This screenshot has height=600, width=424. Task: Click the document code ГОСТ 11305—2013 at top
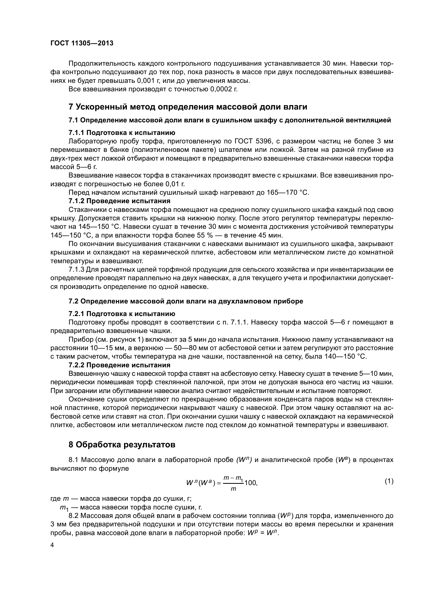click(82, 43)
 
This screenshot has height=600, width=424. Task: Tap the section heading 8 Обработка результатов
click(122, 445)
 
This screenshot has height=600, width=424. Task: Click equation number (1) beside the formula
click(389, 481)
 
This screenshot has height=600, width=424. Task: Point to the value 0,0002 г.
click(224, 89)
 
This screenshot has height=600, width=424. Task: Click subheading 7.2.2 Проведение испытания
click(119, 365)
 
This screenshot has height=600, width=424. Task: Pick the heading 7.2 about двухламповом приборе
click(186, 301)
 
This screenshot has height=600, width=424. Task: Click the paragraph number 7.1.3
click(76, 269)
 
